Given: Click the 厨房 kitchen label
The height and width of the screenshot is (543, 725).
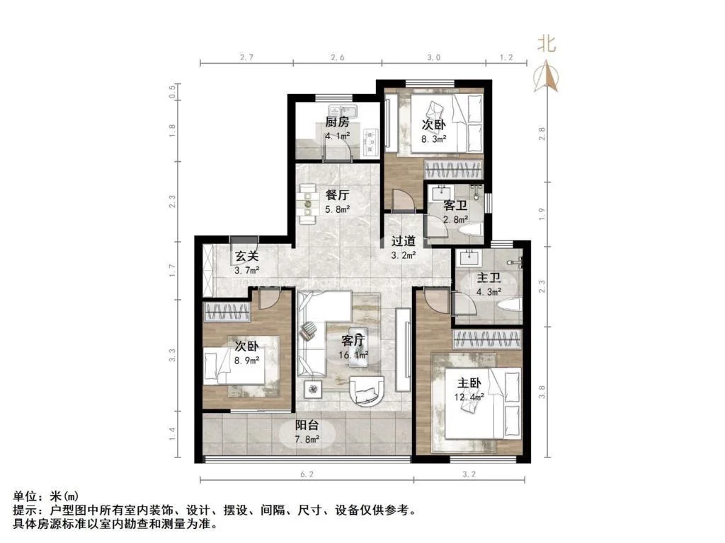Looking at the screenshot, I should coord(338,122).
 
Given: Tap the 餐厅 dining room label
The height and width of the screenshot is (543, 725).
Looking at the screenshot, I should coord(337,196).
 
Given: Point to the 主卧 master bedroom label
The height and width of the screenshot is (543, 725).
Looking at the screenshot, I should coord(469,383).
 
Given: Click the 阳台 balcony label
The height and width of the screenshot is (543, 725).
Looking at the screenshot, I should coord(307,426).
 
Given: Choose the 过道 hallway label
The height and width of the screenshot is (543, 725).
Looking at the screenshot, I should coord(404,240).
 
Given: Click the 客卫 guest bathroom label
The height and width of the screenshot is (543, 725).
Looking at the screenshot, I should coord(455,206).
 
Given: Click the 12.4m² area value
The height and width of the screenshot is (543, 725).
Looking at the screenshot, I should coord(469,397).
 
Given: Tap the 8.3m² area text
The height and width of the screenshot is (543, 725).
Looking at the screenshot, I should coord(433,139).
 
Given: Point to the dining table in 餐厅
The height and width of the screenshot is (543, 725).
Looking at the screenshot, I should coord(309,200).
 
